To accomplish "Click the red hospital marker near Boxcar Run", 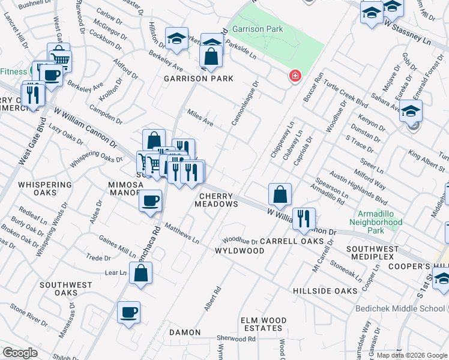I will [294, 76].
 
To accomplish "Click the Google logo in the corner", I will [20, 353].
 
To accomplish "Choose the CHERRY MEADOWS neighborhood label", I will [216, 200].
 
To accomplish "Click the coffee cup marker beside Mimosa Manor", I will [150, 201].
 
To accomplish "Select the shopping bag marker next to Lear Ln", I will [140, 274].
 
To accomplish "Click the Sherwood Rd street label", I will [237, 338].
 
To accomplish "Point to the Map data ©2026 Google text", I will [412, 355].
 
